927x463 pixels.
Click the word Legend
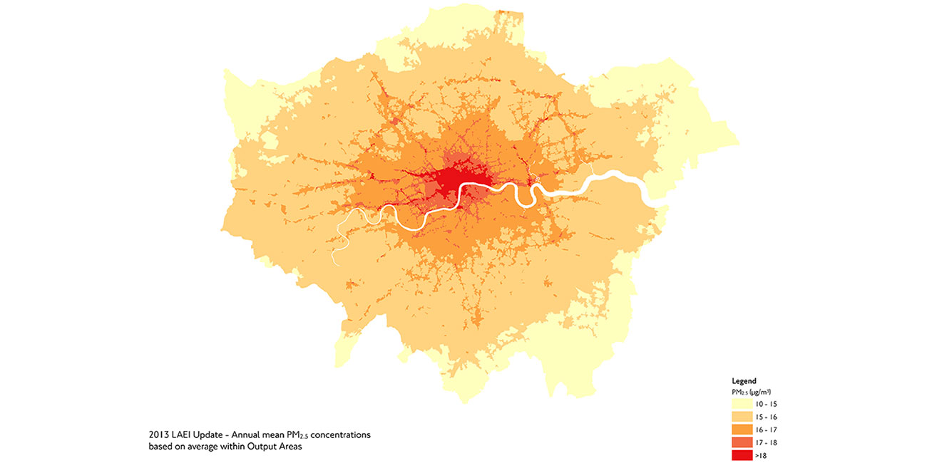pyautogui.click(x=744, y=381)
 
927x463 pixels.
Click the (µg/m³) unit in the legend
pyautogui.click(x=760, y=392)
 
